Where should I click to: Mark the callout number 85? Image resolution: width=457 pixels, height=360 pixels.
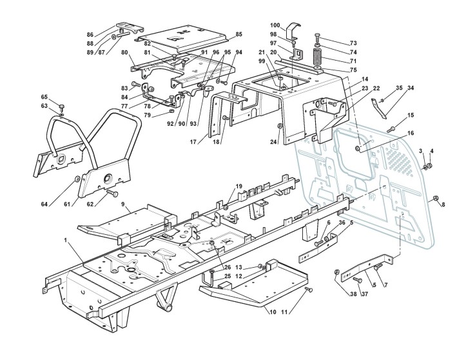(x=238, y=34)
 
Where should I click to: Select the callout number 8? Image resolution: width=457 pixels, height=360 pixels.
(x=443, y=205)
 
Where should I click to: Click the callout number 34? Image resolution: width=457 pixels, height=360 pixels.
(x=410, y=87)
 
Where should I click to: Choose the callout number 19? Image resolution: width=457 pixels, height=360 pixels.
(x=239, y=186)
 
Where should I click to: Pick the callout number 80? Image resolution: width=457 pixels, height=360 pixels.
(x=124, y=52)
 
